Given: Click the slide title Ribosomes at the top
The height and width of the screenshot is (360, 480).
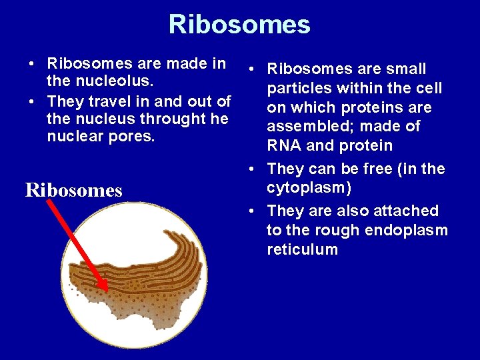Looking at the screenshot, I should point(239,25).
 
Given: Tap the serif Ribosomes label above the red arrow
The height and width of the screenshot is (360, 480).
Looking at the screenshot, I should point(74,191).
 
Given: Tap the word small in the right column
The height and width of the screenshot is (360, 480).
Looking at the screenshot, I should point(404,69).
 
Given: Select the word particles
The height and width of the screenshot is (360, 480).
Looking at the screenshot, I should point(299,89).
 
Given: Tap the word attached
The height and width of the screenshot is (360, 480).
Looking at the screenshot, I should point(405,211).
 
